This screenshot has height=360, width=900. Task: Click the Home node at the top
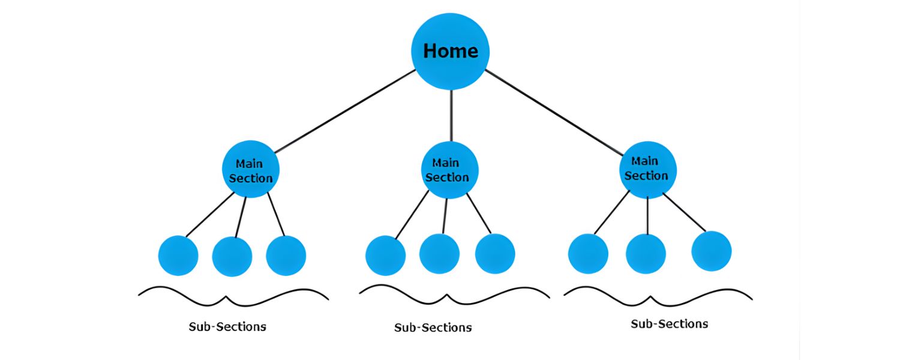click(450, 51)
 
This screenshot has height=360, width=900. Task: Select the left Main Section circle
click(250, 170)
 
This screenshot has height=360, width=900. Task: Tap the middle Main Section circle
click(449, 170)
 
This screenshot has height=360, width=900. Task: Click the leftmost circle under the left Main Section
click(178, 256)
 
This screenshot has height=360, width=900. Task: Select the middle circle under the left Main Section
click(232, 256)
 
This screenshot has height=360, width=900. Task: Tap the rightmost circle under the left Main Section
click(286, 256)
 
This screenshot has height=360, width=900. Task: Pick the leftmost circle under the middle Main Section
click(385, 256)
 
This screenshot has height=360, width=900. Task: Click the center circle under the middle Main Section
click(439, 254)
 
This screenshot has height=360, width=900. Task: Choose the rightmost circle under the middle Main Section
click(495, 254)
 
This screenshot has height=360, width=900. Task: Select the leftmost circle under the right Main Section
click(588, 254)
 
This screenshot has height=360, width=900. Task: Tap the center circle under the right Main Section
click(646, 254)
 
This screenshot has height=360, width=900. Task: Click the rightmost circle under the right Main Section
click(711, 251)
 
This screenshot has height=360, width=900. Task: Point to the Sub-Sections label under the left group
click(227, 327)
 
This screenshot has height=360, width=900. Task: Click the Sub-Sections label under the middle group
click(433, 328)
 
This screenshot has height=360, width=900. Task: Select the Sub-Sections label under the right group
click(669, 324)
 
